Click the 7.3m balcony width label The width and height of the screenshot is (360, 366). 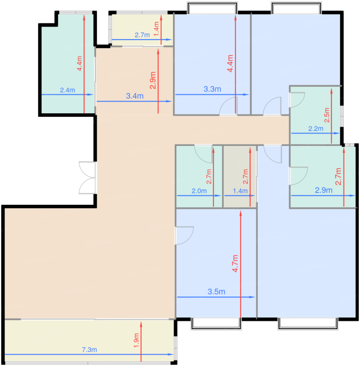tap(89, 350)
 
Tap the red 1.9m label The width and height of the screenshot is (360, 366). tap(136, 341)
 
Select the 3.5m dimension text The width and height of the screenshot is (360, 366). tap(216, 291)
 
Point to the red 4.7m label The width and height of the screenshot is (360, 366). tap(235, 264)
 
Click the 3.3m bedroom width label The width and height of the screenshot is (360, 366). tap(212, 89)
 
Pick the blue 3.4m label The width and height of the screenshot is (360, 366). tap(135, 96)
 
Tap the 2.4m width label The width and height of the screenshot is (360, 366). tap(67, 90)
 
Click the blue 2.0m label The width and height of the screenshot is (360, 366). tap(199, 191)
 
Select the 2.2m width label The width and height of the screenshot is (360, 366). tap(316, 129)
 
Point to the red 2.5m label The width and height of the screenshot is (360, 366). tap(327, 115)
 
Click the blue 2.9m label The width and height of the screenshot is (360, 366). tap(323, 190)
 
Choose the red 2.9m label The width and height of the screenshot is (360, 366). tap(153, 80)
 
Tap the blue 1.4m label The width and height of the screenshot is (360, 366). tap(240, 191)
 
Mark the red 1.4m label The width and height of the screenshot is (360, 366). tap(156, 29)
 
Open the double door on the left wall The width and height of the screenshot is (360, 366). tap(87, 178)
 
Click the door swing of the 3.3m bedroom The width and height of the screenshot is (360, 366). tap(228, 106)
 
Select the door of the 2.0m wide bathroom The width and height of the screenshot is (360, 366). tap(204, 154)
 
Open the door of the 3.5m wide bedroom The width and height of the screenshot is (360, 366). tap(184, 235)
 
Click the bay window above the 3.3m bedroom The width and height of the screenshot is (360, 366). tap(212, 8)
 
